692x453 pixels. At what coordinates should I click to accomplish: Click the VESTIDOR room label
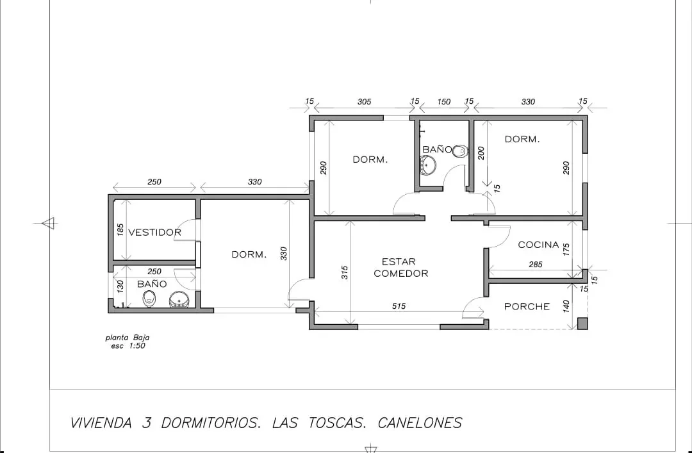154,232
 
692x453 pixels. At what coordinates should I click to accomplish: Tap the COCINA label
538,245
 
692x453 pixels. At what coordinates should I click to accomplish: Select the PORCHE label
527,306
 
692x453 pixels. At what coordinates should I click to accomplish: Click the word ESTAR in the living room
399,261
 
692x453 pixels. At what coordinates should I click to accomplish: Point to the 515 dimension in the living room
399,306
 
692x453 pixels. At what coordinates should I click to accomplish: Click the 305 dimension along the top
364,102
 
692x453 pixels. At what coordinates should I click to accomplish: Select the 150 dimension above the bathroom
444,102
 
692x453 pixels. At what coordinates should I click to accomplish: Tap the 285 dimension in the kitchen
535,265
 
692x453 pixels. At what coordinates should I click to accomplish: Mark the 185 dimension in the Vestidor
120,229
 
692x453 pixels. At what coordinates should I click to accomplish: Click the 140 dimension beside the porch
566,306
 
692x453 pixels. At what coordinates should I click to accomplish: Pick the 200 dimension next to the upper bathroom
481,153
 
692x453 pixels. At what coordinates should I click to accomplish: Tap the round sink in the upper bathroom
427,165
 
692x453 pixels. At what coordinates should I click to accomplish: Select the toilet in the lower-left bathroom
149,299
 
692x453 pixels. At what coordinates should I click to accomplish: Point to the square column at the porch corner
582,324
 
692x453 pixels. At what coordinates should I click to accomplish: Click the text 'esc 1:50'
128,346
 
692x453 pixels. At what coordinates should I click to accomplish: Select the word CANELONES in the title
420,423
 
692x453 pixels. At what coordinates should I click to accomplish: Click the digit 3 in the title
147,423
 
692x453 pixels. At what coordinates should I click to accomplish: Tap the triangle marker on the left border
48,223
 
